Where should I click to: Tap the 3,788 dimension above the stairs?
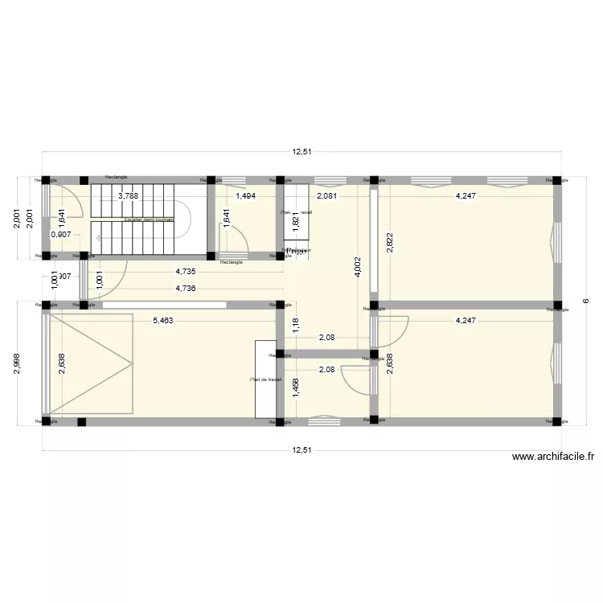(x=129, y=195)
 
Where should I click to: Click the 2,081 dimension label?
(x=326, y=195)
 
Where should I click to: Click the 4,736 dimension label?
(x=187, y=289)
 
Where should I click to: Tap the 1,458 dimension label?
(x=294, y=390)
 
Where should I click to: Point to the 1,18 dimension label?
(x=294, y=326)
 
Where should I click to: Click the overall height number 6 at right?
(x=586, y=301)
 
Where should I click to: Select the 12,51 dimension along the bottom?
(x=302, y=451)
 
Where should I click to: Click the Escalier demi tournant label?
(x=148, y=219)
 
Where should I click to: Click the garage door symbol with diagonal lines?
(x=90, y=363)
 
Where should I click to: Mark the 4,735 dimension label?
(x=187, y=273)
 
